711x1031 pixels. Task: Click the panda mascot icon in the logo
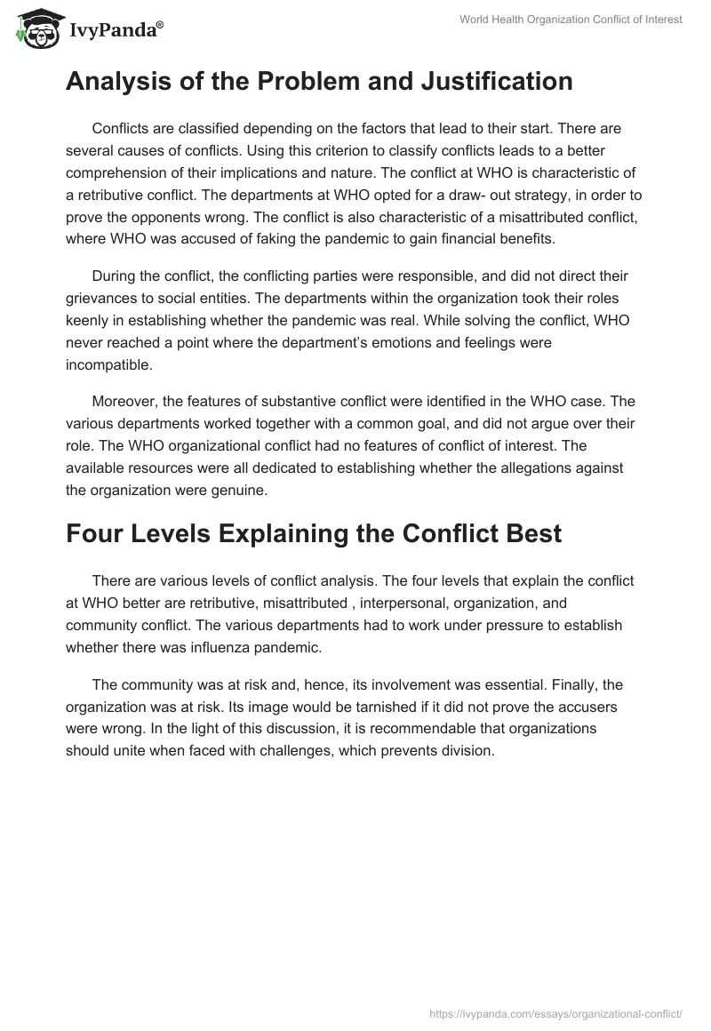35,30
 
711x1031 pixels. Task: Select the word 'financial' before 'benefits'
499,237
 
